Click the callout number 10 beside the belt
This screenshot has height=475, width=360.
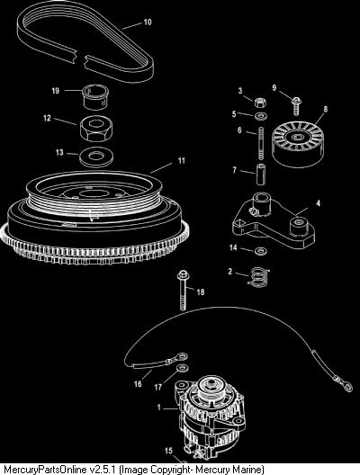(x=148, y=22)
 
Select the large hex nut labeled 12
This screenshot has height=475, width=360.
(x=96, y=128)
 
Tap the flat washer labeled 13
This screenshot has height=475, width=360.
(x=96, y=157)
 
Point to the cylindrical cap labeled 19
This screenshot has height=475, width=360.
(x=95, y=98)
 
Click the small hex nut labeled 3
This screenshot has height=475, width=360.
(x=260, y=103)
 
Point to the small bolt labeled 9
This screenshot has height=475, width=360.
(x=296, y=106)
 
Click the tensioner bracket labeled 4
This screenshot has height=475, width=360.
(x=274, y=222)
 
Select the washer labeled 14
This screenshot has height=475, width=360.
(x=261, y=251)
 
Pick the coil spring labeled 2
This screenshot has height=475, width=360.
(x=258, y=277)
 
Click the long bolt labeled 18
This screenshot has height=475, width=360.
(x=183, y=291)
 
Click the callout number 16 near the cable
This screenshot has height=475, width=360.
(x=138, y=384)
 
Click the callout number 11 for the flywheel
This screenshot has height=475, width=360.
(x=181, y=160)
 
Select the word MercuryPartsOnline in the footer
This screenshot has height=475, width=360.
(x=45, y=470)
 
